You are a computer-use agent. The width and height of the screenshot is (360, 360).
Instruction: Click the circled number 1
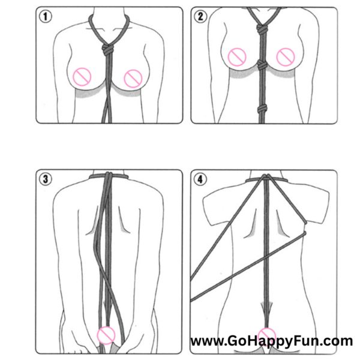click(x=45, y=17)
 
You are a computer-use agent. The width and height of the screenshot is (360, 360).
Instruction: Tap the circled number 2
click(x=200, y=17)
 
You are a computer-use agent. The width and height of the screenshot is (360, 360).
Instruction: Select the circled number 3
click(x=45, y=179)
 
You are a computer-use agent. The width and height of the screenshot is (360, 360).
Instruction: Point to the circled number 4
click(x=200, y=179)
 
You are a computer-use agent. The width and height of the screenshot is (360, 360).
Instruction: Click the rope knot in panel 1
click(x=107, y=50)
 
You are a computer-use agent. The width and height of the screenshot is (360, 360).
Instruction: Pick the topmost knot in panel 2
click(x=262, y=29)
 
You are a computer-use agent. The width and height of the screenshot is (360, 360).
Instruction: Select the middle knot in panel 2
click(x=262, y=65)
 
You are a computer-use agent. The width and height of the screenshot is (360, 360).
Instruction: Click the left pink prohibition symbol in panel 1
click(x=82, y=77)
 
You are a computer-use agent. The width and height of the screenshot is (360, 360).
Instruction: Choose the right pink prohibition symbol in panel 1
click(x=133, y=79)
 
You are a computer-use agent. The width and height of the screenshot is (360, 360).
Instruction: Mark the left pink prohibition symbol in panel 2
click(x=237, y=57)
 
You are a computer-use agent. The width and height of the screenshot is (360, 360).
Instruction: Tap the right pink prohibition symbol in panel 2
click(x=286, y=57)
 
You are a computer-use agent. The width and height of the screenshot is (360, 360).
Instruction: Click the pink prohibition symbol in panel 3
click(x=106, y=335)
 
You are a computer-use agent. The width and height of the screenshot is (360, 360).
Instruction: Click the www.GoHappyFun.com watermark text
click(x=272, y=341)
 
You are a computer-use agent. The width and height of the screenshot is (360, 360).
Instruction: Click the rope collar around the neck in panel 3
click(x=109, y=176)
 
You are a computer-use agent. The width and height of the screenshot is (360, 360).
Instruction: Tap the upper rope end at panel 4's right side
click(x=305, y=222)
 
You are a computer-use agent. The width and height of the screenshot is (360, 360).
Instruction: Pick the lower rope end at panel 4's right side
click(x=304, y=233)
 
